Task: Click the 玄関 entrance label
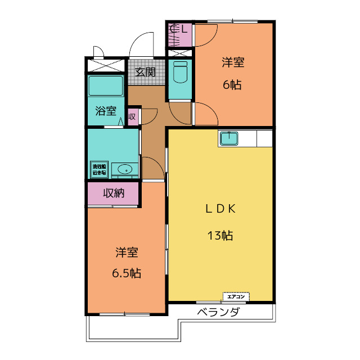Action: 145,72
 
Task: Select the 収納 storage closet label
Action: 113,193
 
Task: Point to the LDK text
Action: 219,209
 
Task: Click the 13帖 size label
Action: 219,236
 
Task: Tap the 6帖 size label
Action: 232,85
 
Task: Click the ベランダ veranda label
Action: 219,313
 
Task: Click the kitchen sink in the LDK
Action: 229,138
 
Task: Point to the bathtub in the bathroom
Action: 106,85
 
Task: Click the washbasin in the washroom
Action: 125,169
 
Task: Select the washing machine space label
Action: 99,169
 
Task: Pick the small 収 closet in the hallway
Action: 132,117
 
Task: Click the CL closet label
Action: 180,29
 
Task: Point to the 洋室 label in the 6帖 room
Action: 232,62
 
